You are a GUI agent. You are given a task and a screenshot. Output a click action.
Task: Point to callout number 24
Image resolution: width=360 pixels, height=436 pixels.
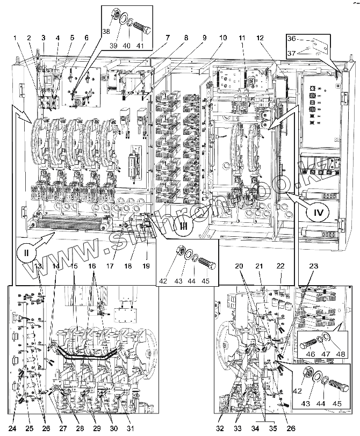click(x=12, y=428)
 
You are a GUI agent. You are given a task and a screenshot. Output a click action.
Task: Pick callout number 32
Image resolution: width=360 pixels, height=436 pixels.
click(x=221, y=428)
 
